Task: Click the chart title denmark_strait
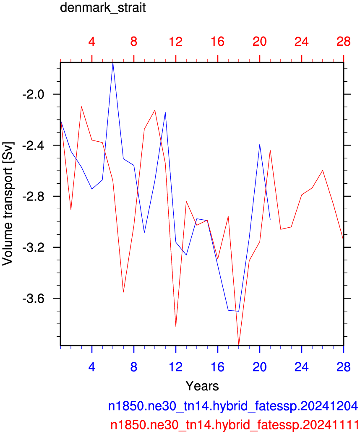(103, 8)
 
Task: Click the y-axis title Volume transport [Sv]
(8, 204)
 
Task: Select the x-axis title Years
(202, 385)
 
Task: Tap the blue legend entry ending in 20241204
(233, 406)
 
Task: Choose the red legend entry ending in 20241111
(235, 425)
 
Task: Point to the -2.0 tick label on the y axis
(33, 94)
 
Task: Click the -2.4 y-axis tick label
(33, 146)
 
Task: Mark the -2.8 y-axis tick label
(33, 196)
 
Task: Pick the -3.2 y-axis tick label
(33, 247)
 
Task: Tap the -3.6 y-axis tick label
(33, 299)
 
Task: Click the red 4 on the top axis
(92, 42)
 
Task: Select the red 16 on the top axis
(218, 42)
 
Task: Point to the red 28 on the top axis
(344, 42)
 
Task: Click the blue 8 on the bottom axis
(134, 367)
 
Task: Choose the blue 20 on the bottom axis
(259, 367)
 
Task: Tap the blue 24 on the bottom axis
(302, 367)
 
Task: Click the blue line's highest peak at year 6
(113, 63)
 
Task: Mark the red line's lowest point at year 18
(239, 345)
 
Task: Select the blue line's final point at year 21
(270, 220)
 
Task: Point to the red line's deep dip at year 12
(176, 326)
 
